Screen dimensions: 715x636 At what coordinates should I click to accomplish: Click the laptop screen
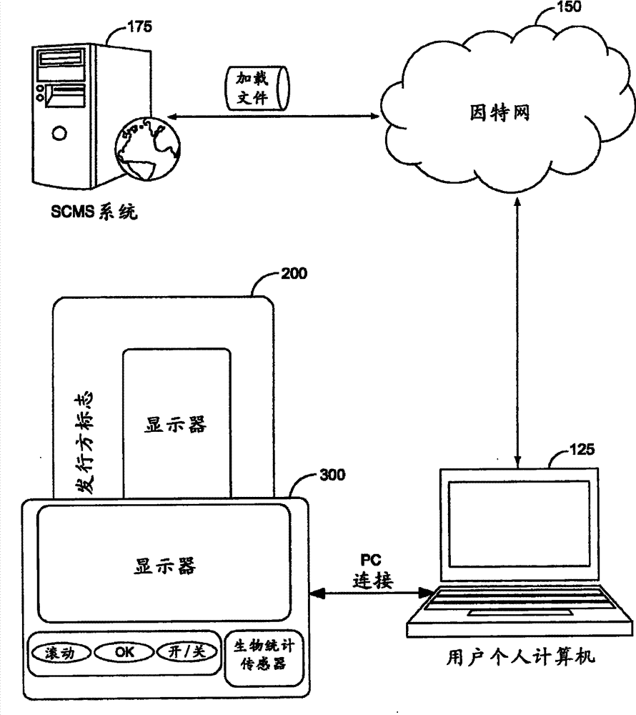coord(518,523)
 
